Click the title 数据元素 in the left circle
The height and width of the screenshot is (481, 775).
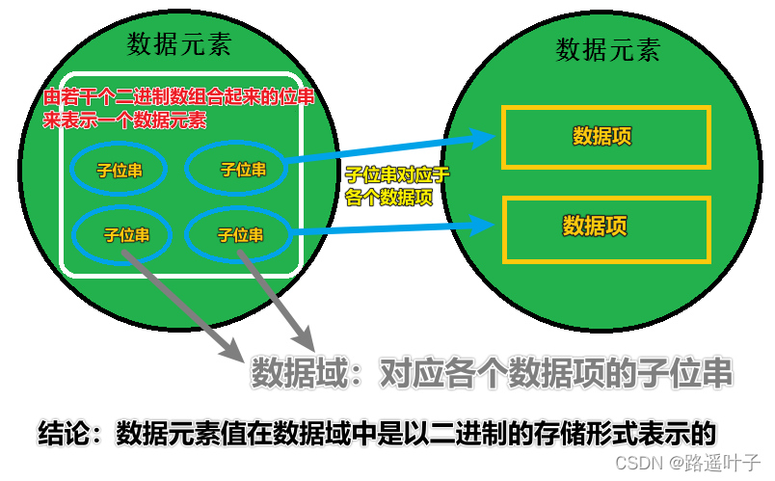(x=178, y=43)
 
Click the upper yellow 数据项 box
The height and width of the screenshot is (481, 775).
(x=604, y=136)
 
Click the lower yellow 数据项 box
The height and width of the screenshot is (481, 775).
(x=606, y=227)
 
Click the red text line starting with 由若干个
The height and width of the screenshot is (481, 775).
(x=173, y=98)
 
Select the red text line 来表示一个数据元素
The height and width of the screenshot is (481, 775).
(x=126, y=121)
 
